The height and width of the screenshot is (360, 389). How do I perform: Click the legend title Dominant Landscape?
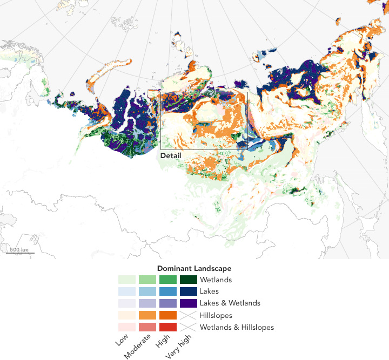click(x=194, y=268)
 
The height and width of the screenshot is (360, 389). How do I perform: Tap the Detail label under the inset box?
click(x=171, y=155)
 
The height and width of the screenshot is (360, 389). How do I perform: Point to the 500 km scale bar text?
click(x=19, y=249)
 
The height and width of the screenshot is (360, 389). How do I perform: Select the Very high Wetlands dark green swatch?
click(x=189, y=280)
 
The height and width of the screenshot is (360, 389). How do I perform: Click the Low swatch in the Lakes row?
click(x=127, y=291)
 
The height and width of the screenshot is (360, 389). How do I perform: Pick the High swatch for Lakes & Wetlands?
click(x=168, y=303)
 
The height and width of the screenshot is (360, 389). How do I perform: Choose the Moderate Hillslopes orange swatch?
click(x=147, y=315)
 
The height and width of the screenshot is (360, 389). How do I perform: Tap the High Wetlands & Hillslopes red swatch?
click(x=168, y=327)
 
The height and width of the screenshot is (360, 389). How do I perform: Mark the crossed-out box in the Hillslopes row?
click(x=189, y=315)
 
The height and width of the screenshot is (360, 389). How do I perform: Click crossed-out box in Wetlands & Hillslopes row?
click(x=189, y=327)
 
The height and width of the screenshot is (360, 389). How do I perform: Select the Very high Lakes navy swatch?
click(x=189, y=291)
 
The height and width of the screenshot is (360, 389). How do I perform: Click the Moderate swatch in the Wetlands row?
click(x=147, y=280)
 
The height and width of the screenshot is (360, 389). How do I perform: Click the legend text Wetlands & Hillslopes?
click(x=237, y=327)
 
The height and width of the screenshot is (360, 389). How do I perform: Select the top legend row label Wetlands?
click(x=216, y=280)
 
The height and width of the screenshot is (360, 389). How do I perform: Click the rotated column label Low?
click(x=122, y=341)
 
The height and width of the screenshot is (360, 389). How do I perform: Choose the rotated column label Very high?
click(x=178, y=345)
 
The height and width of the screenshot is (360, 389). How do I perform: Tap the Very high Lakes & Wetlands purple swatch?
click(x=189, y=303)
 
